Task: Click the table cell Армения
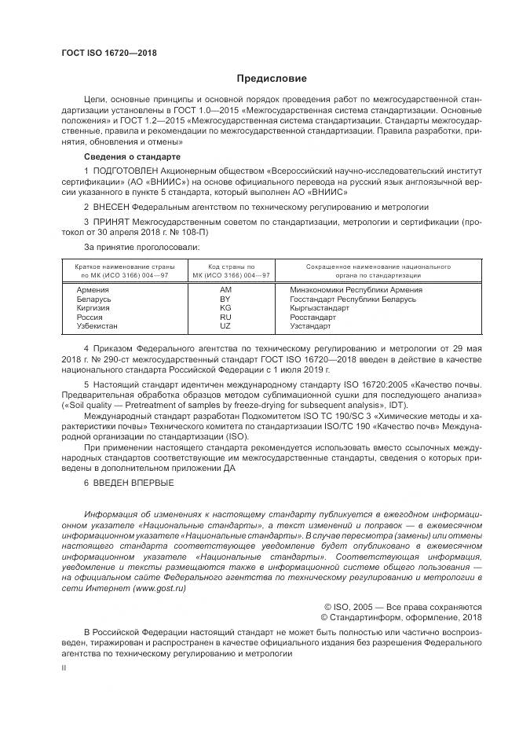point(93,289)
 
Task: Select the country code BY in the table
point(225,299)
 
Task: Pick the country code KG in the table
point(225,307)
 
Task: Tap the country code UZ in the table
point(225,325)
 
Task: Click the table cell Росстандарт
point(312,316)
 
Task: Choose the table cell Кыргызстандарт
point(320,307)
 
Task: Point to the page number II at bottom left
point(64,667)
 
